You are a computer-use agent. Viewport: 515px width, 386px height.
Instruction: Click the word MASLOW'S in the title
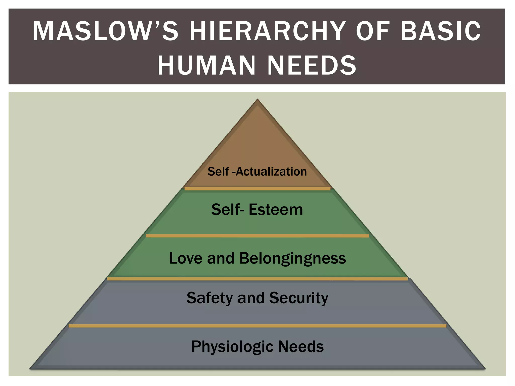pos(106,31)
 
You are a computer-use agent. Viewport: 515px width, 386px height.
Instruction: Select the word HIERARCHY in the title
pos(267,31)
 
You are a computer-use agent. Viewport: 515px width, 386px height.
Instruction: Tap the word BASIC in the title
pos(441,31)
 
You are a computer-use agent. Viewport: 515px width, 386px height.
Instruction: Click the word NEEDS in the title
pos(312,65)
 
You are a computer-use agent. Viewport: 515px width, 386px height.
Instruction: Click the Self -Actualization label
pos(257,172)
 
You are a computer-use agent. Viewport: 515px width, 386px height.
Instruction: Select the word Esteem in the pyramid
pos(276,210)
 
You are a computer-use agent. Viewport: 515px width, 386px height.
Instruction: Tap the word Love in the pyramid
pos(186,258)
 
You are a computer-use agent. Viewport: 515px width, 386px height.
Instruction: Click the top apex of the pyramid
pos(257,99)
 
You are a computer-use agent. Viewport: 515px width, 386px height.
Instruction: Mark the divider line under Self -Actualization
pos(257,188)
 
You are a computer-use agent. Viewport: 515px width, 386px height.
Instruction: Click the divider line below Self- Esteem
pos(257,236)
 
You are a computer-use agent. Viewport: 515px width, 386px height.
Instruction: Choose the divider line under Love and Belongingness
pos(257,279)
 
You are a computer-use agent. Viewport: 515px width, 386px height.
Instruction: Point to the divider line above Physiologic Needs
pos(257,326)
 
